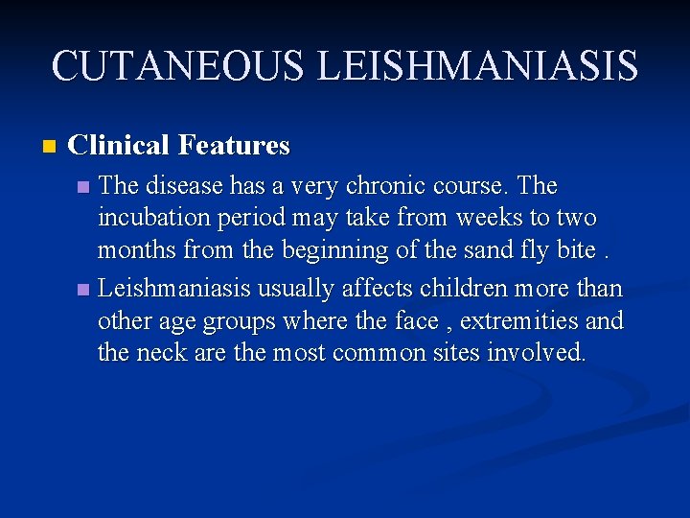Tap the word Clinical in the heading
click(120, 146)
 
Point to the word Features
click(234, 146)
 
